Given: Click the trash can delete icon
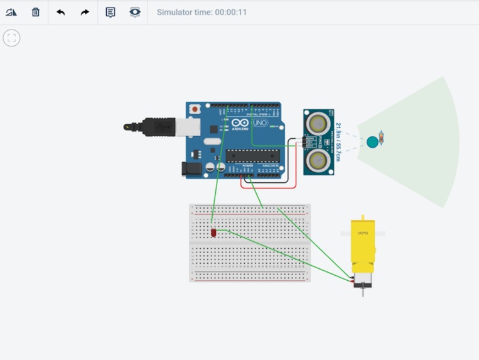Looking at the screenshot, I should click(x=36, y=12).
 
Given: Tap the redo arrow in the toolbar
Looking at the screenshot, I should click(x=85, y=12).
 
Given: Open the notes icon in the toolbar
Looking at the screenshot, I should click(x=110, y=12).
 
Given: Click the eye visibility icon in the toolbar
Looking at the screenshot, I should click(x=135, y=12).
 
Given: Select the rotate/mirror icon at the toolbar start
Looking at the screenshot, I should click(x=11, y=12).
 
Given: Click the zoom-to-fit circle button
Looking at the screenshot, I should click(x=11, y=38).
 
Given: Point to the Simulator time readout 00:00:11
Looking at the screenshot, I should click(x=202, y=13).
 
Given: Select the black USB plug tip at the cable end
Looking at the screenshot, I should click(x=129, y=127).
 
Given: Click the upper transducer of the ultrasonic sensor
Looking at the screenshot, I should click(x=318, y=121).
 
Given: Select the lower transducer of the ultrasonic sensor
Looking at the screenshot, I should click(x=318, y=161).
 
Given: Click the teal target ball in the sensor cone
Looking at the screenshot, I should click(x=372, y=142).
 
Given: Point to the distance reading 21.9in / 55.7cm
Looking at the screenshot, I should click(x=338, y=142).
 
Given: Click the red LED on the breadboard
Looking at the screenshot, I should click(x=213, y=233).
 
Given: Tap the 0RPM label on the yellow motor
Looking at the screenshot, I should click(x=362, y=233).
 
